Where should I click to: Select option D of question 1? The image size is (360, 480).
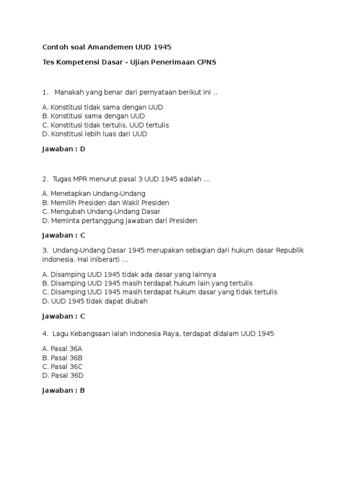95,134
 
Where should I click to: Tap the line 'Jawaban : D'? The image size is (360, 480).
63,150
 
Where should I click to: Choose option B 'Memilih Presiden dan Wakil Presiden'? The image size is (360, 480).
105,202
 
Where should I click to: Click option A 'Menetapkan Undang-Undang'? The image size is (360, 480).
94,194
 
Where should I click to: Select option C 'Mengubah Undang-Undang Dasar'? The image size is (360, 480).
101,211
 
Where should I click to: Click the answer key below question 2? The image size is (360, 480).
63,235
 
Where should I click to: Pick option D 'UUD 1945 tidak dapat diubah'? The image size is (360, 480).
95,301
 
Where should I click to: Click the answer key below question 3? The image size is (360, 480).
63,316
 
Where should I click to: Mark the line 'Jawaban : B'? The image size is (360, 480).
63,390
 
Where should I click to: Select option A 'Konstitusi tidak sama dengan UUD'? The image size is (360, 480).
102,107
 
